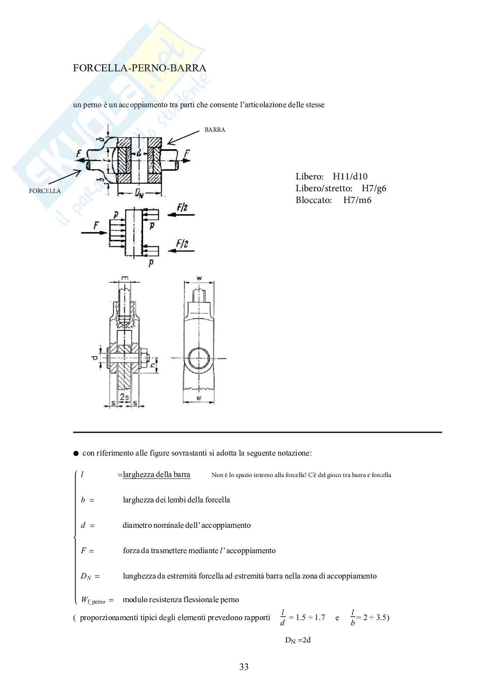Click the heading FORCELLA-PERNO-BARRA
[139, 68]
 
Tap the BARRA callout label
[215, 130]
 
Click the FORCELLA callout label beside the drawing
[45, 191]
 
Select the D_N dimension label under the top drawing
[139, 193]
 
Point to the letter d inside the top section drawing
[139, 153]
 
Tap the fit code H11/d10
[350, 176]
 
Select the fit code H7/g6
[374, 189]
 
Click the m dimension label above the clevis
[125, 279]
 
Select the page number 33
[244, 667]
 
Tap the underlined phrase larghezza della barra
[157, 475]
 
